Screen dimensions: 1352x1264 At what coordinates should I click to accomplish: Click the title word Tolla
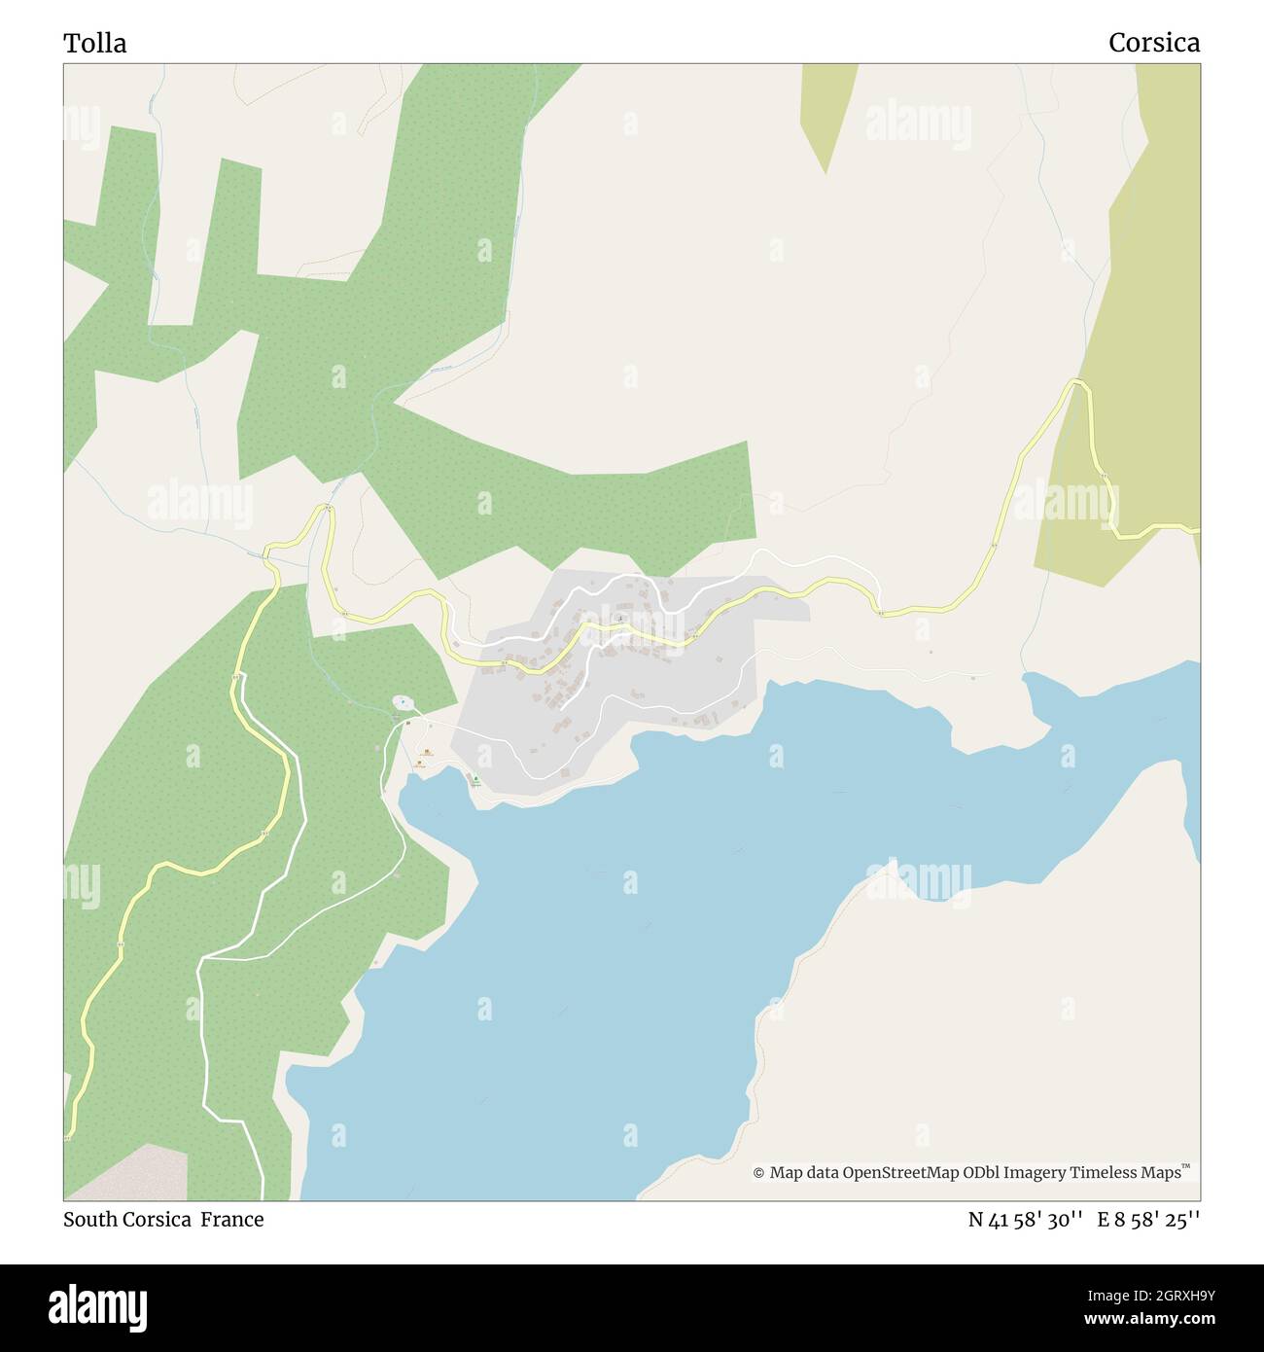click(94, 43)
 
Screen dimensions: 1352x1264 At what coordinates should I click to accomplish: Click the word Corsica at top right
click(1153, 43)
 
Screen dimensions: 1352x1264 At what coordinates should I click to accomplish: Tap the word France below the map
click(232, 1219)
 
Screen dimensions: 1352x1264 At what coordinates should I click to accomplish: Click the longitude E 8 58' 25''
click(1148, 1219)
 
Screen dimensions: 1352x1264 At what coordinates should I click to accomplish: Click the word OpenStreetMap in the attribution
click(900, 1173)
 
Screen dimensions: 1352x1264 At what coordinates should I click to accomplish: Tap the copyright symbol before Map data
click(758, 1173)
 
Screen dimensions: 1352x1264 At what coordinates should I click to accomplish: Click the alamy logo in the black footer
click(97, 1306)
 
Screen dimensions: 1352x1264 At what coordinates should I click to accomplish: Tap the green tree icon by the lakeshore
click(474, 778)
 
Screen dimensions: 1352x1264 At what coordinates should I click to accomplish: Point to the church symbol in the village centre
click(620, 617)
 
